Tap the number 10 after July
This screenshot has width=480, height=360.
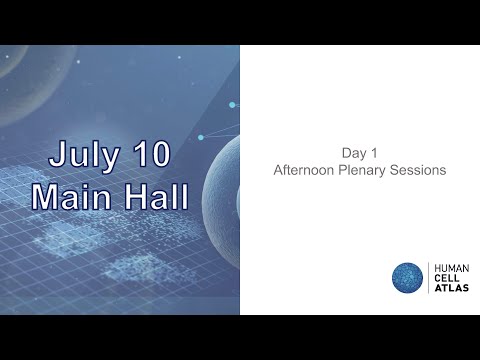[x=149, y=155]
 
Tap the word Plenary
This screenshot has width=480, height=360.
[x=367, y=171]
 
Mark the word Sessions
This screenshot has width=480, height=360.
[x=420, y=171]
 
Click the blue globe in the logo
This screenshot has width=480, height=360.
[x=407, y=279]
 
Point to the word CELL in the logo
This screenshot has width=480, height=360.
[x=444, y=279]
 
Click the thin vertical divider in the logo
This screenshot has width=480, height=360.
[x=428, y=279]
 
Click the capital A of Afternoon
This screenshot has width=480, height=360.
[x=278, y=171]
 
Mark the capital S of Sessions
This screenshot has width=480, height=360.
[x=397, y=171]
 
